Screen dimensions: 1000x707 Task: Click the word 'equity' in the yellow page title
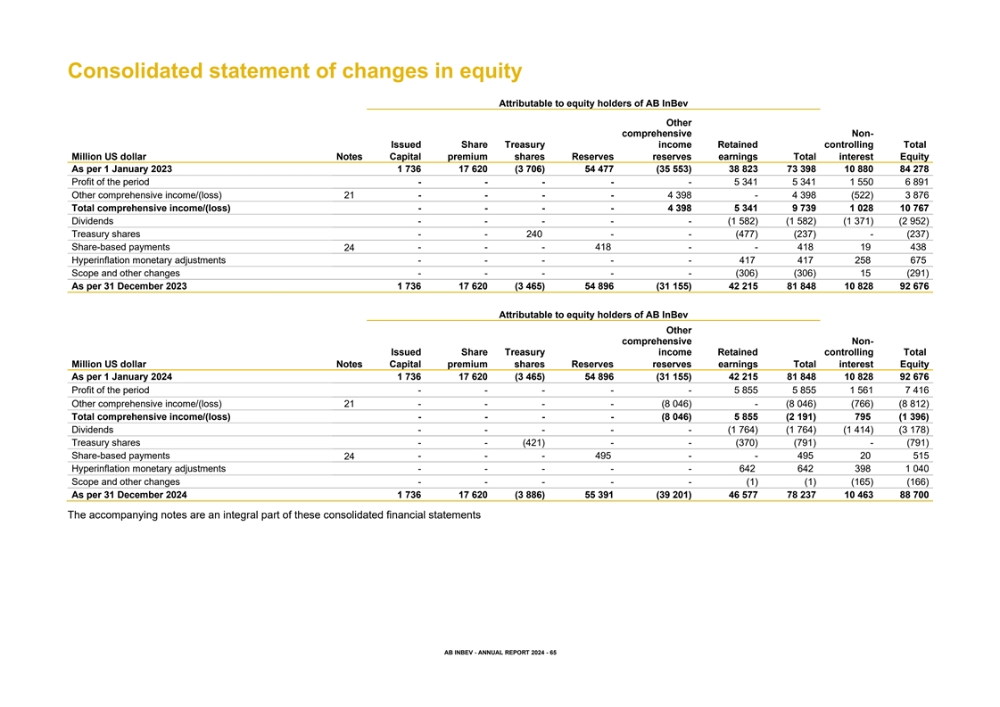point(491,71)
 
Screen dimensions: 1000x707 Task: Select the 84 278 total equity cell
point(913,169)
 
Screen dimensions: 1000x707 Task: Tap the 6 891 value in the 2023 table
point(916,182)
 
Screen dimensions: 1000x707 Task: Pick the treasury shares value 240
point(533,234)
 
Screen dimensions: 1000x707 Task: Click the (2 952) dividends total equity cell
point(913,221)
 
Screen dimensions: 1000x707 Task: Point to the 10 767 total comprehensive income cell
point(913,208)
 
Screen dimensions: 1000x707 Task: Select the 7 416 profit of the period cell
point(916,390)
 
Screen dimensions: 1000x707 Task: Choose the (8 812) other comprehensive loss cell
point(913,404)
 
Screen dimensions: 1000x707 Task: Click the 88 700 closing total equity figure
point(913,495)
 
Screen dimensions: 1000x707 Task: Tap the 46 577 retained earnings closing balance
point(743,495)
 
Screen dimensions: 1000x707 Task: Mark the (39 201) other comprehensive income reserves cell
point(674,495)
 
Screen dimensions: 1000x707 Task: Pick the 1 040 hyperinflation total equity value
point(916,469)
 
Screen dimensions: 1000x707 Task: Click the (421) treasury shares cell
point(533,442)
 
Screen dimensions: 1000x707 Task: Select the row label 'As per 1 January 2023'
point(122,169)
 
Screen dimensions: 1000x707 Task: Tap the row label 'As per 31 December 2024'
point(129,495)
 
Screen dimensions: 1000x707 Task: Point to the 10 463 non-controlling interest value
point(858,495)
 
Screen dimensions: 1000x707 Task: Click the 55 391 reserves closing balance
point(599,495)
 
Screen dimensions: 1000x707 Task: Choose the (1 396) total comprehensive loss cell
point(913,417)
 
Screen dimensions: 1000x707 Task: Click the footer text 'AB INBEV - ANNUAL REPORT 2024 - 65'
point(500,653)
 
